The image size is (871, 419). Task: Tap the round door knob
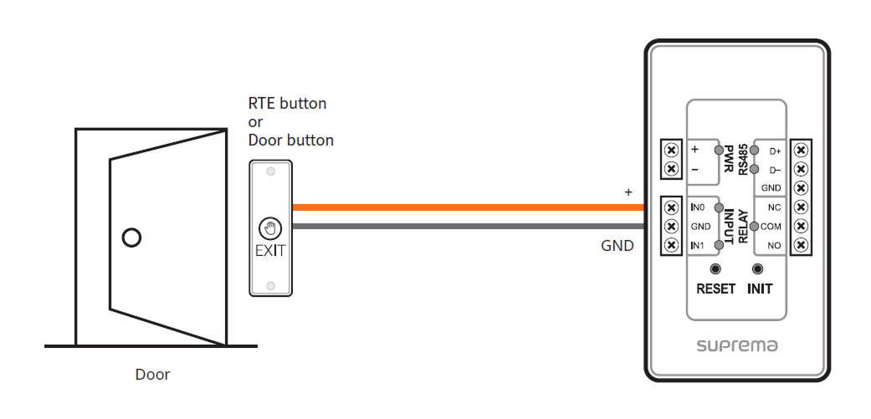[x=131, y=238]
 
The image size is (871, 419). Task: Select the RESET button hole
[x=715, y=269]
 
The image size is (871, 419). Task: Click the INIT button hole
[x=759, y=269]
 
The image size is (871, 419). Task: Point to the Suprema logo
[x=738, y=345]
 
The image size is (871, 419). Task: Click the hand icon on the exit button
[x=270, y=227]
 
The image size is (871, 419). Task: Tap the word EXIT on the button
[x=270, y=249]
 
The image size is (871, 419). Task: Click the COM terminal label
[x=771, y=227]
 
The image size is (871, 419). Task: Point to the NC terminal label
[x=772, y=207]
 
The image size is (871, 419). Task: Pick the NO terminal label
[x=772, y=246]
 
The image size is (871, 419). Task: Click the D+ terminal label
[x=775, y=151]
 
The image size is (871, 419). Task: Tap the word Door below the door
[x=152, y=375]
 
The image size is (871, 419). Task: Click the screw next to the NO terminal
[x=801, y=245]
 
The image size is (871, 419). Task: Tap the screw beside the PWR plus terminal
[x=670, y=150]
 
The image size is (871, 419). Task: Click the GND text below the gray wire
[x=617, y=246]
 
